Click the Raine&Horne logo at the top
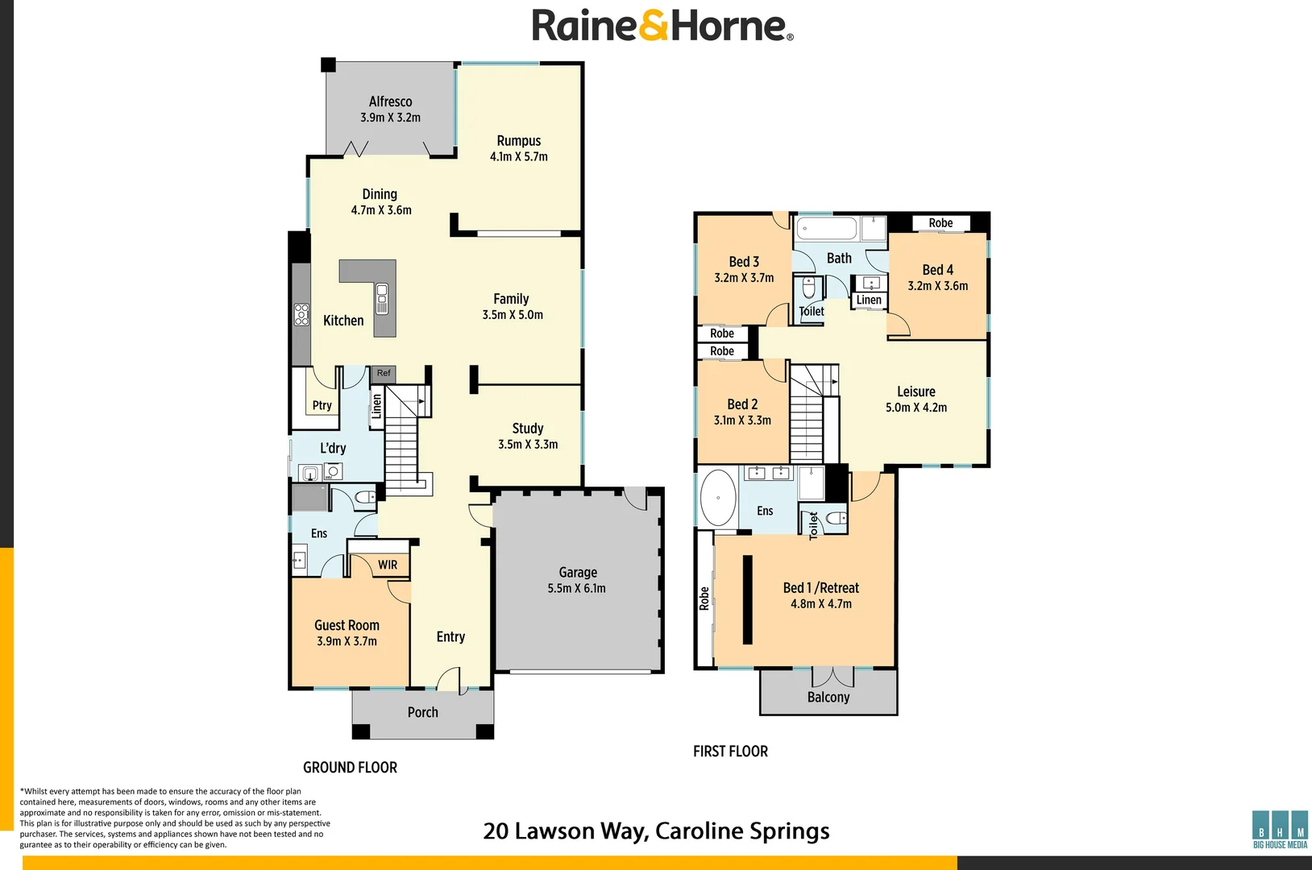point(662,25)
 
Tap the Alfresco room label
point(390,101)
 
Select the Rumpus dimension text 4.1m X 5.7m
point(518,156)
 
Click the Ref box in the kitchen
point(384,373)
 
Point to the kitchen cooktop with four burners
point(301,314)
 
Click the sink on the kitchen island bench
point(382,298)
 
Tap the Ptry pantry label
point(322,405)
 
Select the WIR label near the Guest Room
point(387,565)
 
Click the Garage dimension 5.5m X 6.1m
point(576,588)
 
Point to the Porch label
point(422,712)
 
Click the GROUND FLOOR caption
point(350,767)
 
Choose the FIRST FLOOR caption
point(730,751)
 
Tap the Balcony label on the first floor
point(828,697)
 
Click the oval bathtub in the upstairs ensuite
point(718,498)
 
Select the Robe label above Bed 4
point(940,222)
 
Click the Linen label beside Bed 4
point(869,300)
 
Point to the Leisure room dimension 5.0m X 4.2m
point(916,408)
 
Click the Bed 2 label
point(742,404)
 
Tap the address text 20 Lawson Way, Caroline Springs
point(656,831)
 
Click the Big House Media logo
point(1280,830)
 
